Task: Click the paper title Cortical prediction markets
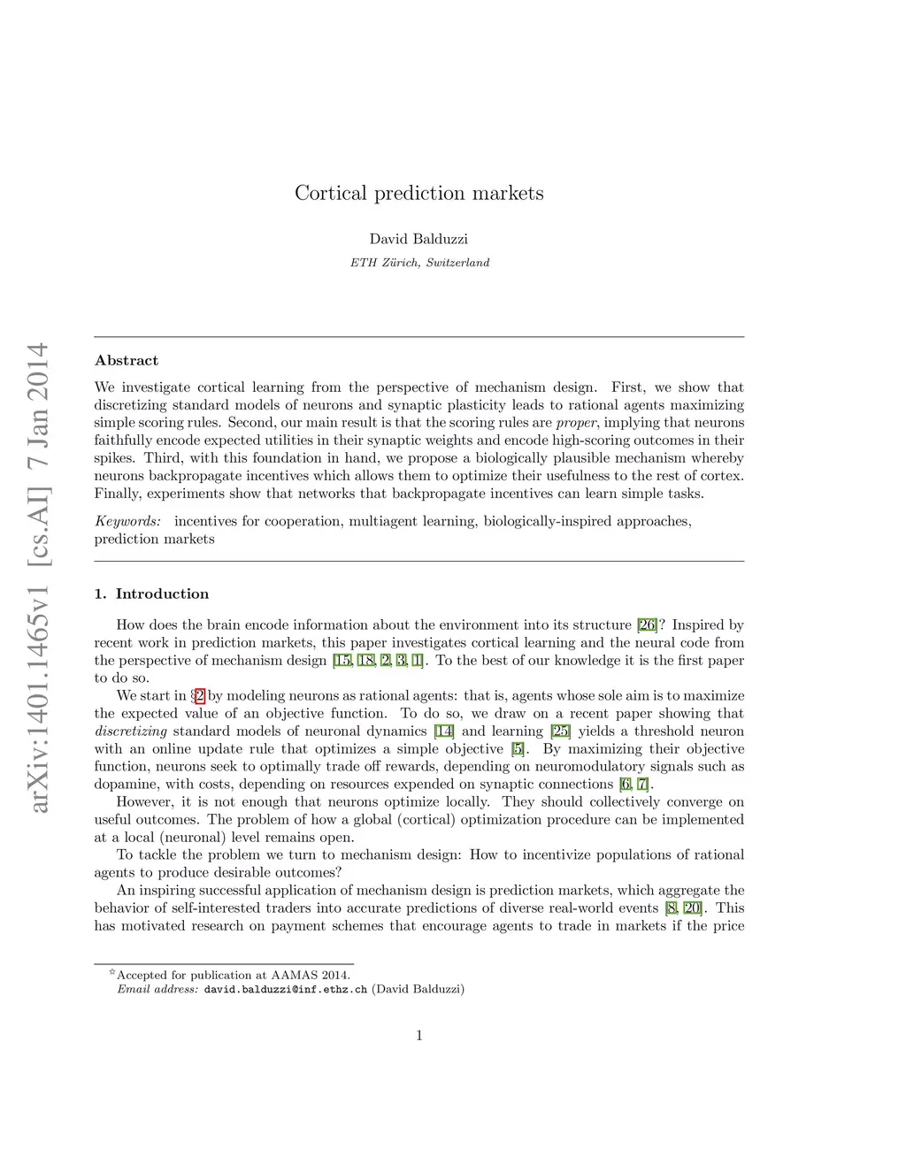point(418,193)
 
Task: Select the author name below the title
point(418,239)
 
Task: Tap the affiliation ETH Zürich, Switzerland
point(419,263)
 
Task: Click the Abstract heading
point(127,360)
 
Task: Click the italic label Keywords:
point(127,521)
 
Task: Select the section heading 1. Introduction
point(151,594)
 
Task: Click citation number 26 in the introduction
point(647,625)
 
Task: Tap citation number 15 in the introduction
point(342,661)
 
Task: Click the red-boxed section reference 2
point(200,696)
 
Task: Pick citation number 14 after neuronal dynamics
point(444,732)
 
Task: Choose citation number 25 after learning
point(560,732)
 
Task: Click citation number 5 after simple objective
point(518,749)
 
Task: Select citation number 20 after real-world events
point(694,908)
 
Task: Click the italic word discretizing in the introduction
point(131,732)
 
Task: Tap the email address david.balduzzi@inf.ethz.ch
point(285,989)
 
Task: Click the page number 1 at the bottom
point(418,1035)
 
